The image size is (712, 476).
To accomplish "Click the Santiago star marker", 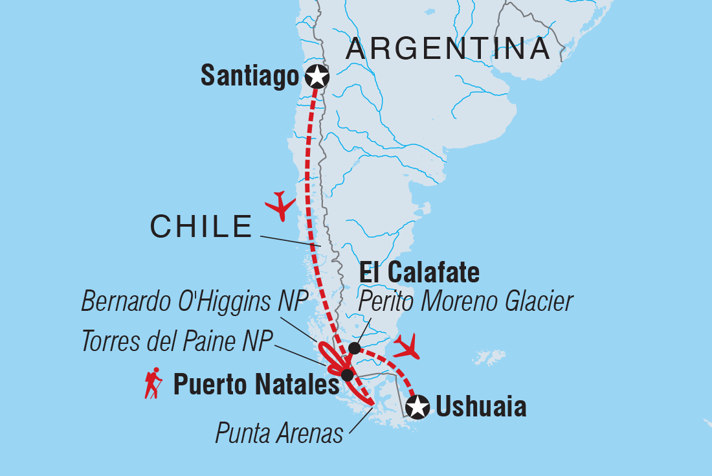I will [x=317, y=76].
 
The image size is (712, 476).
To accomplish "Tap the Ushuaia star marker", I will [x=417, y=407].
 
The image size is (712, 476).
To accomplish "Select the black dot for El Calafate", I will [x=354, y=348].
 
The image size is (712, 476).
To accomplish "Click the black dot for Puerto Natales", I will [x=347, y=375].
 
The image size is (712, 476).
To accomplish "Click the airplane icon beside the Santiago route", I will [x=280, y=205].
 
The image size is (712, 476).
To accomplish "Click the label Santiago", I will [x=250, y=76].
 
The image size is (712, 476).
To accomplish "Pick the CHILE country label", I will [x=201, y=226].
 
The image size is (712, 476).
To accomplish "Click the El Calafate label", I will [x=419, y=273].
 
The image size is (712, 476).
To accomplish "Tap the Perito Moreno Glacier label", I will [x=466, y=301].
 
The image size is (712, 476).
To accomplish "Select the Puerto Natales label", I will [x=256, y=386].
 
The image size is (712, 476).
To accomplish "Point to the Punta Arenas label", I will [x=279, y=433].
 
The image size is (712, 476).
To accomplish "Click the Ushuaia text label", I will [x=481, y=407].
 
